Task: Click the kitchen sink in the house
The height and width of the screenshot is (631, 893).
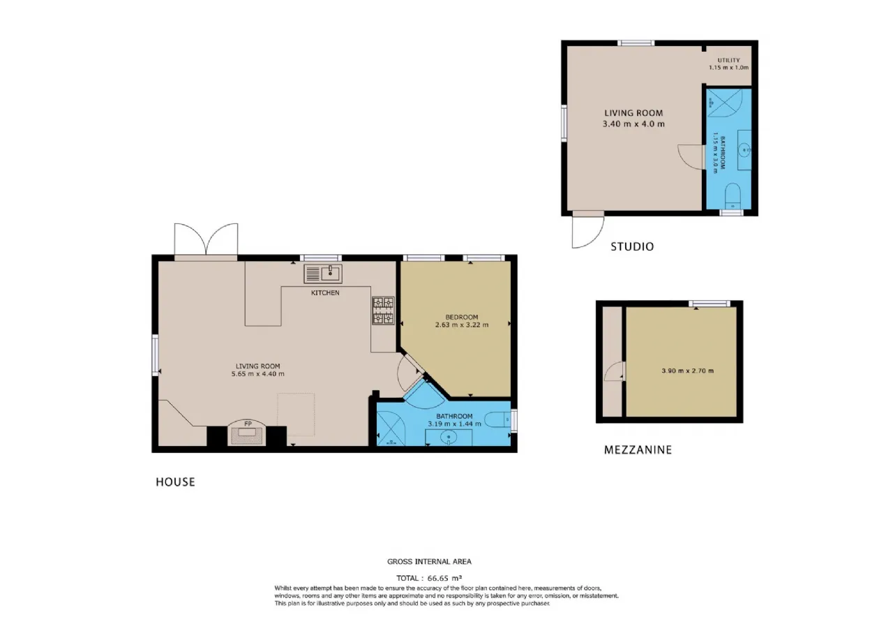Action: (x=323, y=274)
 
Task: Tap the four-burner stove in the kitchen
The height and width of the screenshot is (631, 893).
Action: (x=384, y=311)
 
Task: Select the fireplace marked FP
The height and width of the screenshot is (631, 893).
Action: (x=248, y=432)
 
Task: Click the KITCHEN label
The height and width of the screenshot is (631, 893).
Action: (x=325, y=292)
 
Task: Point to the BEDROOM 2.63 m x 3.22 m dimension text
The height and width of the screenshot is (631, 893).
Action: (x=462, y=325)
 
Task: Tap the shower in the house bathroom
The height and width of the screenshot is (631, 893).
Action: (x=391, y=428)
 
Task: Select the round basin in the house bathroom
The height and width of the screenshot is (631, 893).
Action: (x=449, y=438)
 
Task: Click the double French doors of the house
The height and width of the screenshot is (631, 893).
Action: (x=206, y=239)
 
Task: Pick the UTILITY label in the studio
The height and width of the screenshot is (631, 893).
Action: (x=729, y=60)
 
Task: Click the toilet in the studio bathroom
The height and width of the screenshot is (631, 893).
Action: (x=733, y=196)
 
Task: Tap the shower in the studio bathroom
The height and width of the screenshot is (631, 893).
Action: (x=724, y=103)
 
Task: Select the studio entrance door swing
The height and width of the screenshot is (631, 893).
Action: (x=587, y=232)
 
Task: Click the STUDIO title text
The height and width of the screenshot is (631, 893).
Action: (x=632, y=247)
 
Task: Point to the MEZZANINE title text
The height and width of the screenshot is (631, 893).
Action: (x=638, y=450)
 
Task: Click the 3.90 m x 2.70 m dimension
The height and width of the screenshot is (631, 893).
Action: (x=688, y=371)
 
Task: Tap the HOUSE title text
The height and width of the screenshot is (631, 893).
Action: (x=175, y=482)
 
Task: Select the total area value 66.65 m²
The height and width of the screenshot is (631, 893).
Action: (x=444, y=577)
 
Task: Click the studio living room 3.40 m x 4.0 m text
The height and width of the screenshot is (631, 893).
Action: (x=633, y=124)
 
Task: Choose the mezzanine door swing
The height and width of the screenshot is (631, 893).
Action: (x=613, y=371)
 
